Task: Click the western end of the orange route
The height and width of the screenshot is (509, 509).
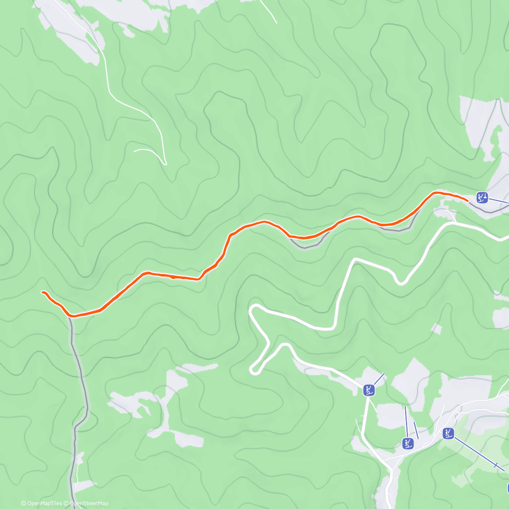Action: (x=43, y=292)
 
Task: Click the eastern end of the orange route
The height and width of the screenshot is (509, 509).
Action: (x=467, y=199)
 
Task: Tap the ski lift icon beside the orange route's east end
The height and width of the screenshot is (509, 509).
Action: (x=482, y=197)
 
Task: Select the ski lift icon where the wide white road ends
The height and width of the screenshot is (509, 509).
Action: (x=369, y=390)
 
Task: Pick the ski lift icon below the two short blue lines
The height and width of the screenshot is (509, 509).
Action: (x=408, y=444)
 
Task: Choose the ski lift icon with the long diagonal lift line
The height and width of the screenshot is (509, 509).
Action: (x=448, y=433)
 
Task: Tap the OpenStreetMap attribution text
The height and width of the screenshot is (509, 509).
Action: (x=89, y=503)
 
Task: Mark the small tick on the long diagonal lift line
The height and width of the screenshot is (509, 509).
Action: (x=495, y=465)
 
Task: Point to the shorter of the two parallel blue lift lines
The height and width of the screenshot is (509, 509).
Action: (x=416, y=430)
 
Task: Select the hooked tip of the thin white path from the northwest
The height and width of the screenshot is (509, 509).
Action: (x=165, y=162)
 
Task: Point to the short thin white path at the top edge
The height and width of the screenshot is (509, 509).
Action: (x=268, y=11)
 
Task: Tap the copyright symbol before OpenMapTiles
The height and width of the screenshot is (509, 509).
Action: (x=24, y=503)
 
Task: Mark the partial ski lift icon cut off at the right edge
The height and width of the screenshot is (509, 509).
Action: (x=507, y=488)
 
